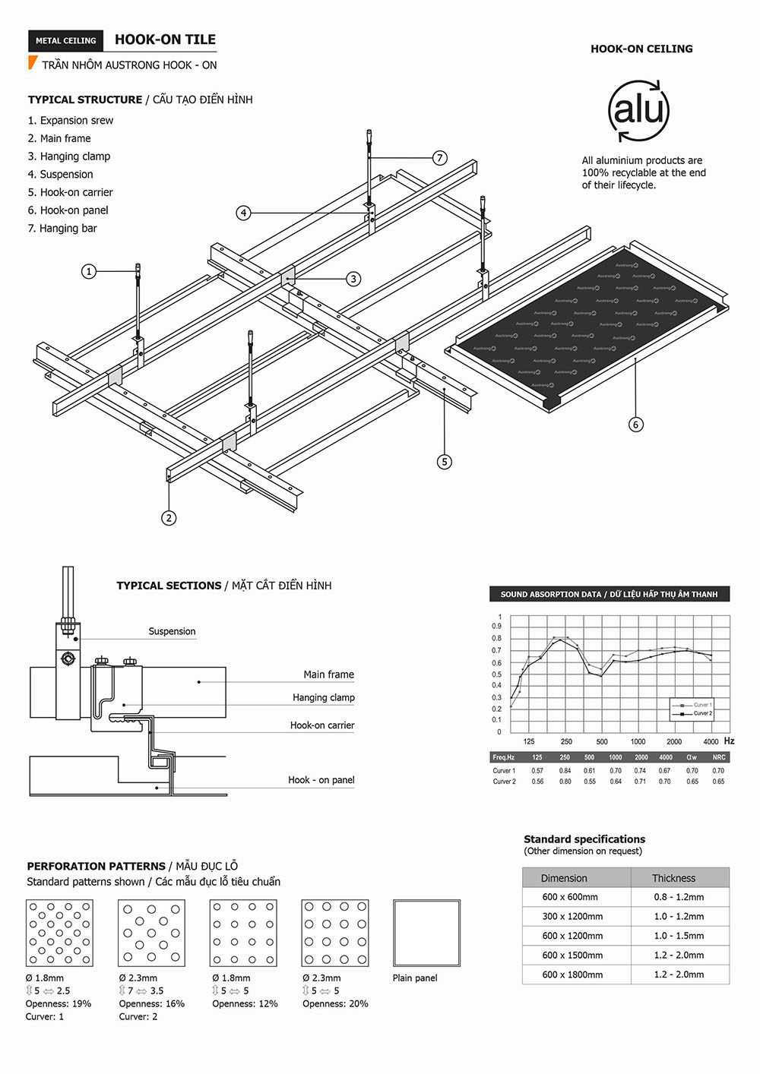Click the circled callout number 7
(439, 158)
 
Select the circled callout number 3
(353, 279)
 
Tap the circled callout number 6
(636, 425)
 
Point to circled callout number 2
(169, 518)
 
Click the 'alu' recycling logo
(638, 111)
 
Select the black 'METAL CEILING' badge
(66, 41)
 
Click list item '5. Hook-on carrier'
(70, 192)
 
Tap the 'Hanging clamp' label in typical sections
(323, 697)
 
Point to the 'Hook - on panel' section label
(321, 780)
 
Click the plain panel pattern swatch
(426, 933)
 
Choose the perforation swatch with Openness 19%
(59, 933)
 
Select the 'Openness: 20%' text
(335, 1003)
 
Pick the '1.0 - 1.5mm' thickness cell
(679, 936)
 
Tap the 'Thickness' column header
(673, 878)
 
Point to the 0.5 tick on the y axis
(497, 674)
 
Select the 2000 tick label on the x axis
(674, 741)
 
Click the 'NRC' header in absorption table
(718, 757)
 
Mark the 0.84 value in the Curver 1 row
(565, 770)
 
